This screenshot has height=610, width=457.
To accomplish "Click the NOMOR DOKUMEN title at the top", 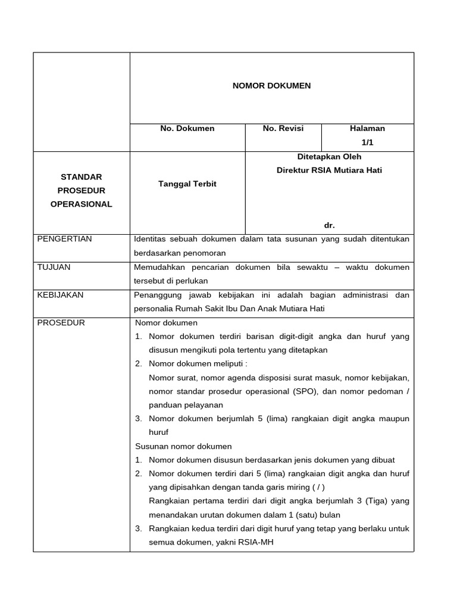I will pos(271,86).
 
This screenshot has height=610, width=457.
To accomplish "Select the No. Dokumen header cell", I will pos(187,128).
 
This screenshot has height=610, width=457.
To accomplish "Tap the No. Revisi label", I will pos(283,128).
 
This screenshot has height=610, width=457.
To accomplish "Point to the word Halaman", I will pos(367,128).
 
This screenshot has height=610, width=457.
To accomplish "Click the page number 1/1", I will pos(367,142).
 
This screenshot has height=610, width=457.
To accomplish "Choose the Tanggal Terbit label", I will pos(187,184).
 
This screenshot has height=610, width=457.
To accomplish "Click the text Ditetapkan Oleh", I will pos(329,157).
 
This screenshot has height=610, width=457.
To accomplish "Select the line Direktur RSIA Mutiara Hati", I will pos(329,170).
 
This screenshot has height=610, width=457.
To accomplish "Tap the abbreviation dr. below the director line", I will pos(329,225).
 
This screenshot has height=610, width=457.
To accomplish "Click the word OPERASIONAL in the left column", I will pos(82,204).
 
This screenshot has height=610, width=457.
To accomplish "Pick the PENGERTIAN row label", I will pos(65,239).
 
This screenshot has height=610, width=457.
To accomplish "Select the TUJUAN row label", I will pos(54,267).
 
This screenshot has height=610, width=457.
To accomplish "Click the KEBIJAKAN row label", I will pos(61,295).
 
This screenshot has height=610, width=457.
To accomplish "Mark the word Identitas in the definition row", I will pos(152,239).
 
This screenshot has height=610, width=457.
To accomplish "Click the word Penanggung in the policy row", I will pos(158,295).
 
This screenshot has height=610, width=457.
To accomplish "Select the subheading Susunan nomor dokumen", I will pos(183,446).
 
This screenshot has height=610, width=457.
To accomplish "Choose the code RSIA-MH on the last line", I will pos(258,543).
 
